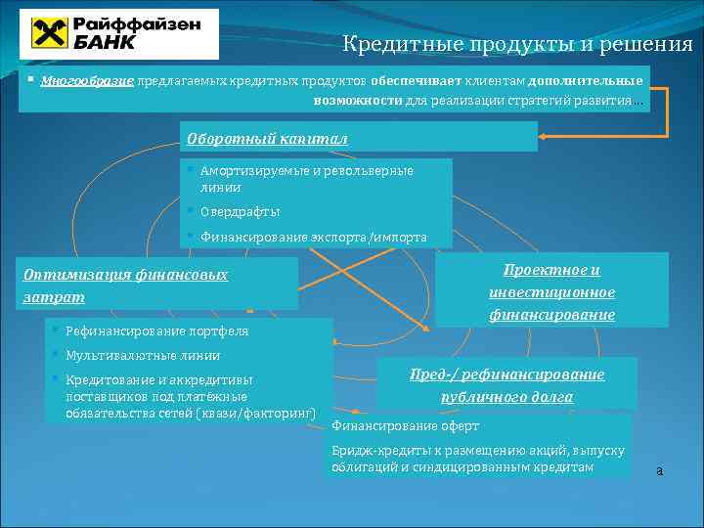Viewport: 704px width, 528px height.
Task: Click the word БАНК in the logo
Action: click(x=103, y=42)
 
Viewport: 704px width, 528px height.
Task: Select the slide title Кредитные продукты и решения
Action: click(x=517, y=44)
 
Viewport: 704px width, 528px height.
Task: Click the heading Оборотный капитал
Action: click(x=267, y=138)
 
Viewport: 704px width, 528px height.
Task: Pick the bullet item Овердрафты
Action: click(x=240, y=211)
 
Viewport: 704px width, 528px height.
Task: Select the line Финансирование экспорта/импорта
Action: click(x=313, y=237)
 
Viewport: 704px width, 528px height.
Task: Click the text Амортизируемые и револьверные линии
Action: click(x=306, y=179)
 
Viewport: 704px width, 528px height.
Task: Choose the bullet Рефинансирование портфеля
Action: click(x=156, y=331)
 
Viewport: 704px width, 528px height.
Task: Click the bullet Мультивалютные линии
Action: click(x=143, y=355)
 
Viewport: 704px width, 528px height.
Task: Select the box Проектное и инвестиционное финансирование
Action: click(x=551, y=291)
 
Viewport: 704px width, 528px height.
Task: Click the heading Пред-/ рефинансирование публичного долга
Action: click(x=506, y=385)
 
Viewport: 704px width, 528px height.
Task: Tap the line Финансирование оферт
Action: click(x=406, y=426)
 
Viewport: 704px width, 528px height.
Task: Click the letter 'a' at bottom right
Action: click(x=659, y=471)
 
